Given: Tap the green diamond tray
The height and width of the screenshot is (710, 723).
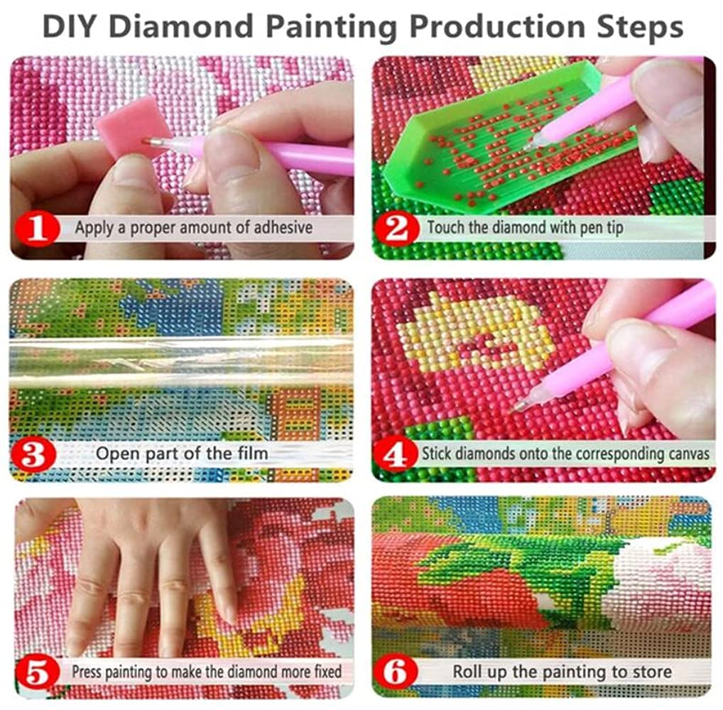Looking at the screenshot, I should (483, 142).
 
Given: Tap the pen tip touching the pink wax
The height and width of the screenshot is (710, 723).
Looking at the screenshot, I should (146, 141).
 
